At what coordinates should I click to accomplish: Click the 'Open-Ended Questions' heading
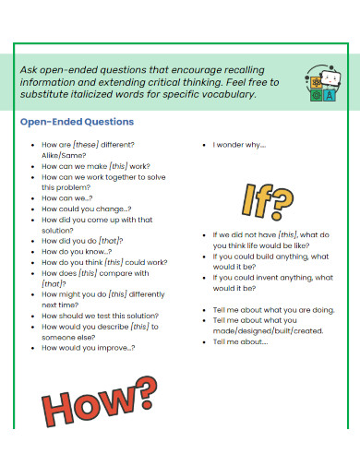(x=78, y=122)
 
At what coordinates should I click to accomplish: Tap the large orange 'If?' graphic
(x=269, y=197)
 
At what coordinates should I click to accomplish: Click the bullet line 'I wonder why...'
(x=239, y=145)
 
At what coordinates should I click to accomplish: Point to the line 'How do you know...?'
(x=77, y=251)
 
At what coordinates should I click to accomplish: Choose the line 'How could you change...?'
(x=87, y=209)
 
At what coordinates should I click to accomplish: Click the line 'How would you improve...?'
(x=89, y=347)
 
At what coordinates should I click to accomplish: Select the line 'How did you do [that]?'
(x=83, y=241)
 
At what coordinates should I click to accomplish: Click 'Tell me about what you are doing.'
(x=273, y=309)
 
